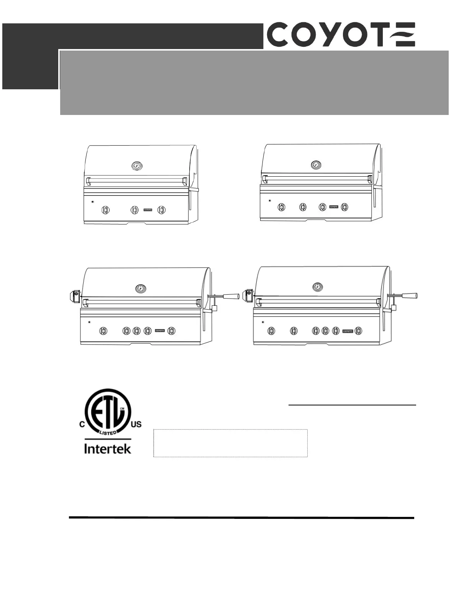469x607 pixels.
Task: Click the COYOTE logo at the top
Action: [341, 34]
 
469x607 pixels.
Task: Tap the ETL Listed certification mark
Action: [108, 412]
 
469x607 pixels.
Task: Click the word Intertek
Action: [108, 449]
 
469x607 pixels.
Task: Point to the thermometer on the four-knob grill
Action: [316, 165]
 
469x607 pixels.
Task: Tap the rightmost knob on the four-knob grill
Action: [345, 207]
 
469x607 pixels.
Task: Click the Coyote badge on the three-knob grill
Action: [148, 210]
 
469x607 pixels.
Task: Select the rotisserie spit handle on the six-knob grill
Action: [410, 295]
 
